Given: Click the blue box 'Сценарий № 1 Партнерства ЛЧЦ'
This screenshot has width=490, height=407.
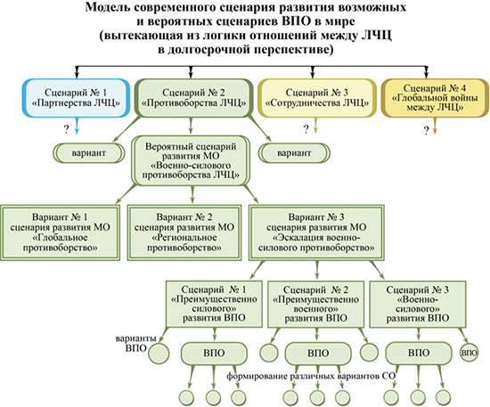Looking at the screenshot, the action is pyautogui.click(x=76, y=98).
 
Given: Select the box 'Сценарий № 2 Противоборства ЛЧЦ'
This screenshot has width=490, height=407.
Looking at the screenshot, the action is pyautogui.click(x=193, y=98).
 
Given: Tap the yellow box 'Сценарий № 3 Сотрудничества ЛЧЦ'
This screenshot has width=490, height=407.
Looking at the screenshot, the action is pyautogui.click(x=317, y=98).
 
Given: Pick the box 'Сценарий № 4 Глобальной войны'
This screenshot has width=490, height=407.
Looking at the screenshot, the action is pyautogui.click(x=435, y=98).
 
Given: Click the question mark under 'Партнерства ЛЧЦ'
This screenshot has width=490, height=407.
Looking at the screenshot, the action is pyautogui.click(x=66, y=129).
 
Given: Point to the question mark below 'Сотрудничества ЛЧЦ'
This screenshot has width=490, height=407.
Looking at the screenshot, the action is pyautogui.click(x=306, y=129).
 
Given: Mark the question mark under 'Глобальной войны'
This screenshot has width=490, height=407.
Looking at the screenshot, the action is pyautogui.click(x=426, y=131).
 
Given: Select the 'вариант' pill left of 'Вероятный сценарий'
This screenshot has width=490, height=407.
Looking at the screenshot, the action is pyautogui.click(x=89, y=153).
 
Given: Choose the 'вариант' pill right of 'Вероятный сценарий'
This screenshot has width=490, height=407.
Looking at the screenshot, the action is pyautogui.click(x=294, y=153).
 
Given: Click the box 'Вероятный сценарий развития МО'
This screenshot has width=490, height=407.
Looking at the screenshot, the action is pyautogui.click(x=191, y=161).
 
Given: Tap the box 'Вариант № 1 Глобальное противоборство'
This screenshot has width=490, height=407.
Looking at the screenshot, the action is pyautogui.click(x=60, y=232).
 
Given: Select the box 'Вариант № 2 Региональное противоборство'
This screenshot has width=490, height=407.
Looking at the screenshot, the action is pyautogui.click(x=184, y=232).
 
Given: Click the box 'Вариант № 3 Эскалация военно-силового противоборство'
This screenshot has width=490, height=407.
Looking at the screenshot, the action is pyautogui.click(x=316, y=232).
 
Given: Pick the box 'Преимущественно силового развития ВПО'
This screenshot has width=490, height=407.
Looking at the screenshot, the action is pyautogui.click(x=214, y=304).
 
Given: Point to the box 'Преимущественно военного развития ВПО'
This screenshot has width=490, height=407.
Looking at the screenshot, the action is pyautogui.click(x=315, y=304).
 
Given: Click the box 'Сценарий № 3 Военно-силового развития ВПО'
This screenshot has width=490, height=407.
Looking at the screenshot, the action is pyautogui.click(x=418, y=304).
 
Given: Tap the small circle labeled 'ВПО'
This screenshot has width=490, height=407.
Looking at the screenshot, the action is pyautogui.click(x=469, y=353).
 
